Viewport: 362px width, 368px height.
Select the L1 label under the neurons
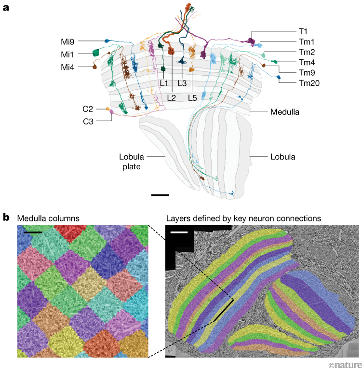(164, 83)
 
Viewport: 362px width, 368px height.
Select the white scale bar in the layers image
(178, 232)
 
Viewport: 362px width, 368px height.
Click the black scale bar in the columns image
(33, 232)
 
